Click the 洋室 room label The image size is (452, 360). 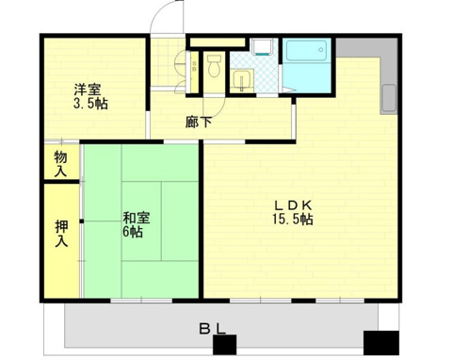point(88,90)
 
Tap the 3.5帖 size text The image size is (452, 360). point(90,104)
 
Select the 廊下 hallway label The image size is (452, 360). point(198,123)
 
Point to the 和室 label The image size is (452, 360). point(136,218)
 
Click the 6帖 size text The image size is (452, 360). point(133,232)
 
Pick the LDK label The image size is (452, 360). point(293,205)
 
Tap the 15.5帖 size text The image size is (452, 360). point(293,219)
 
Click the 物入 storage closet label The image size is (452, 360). point(60,163)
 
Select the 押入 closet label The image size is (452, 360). point(61,234)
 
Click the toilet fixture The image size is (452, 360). point(215,66)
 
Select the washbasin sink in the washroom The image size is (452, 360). point(242,80)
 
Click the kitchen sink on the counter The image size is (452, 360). point(389,98)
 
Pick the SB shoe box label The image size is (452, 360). point(194,67)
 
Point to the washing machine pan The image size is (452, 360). point(262,47)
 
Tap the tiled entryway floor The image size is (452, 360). point(168,62)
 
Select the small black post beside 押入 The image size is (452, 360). point(82,221)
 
